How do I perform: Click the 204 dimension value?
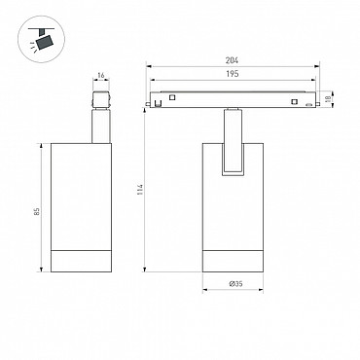click(x=233, y=60)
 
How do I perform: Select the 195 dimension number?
click(x=233, y=74)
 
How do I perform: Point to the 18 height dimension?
click(x=328, y=98)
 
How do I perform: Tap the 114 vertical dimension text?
click(x=140, y=189)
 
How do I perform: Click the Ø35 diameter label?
click(x=235, y=284)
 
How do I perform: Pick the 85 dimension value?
click(x=37, y=212)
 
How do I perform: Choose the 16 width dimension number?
click(x=101, y=76)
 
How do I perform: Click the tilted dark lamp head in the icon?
click(x=44, y=43)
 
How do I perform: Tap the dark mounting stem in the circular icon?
click(x=41, y=32)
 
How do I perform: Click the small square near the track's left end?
click(x=172, y=97)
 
